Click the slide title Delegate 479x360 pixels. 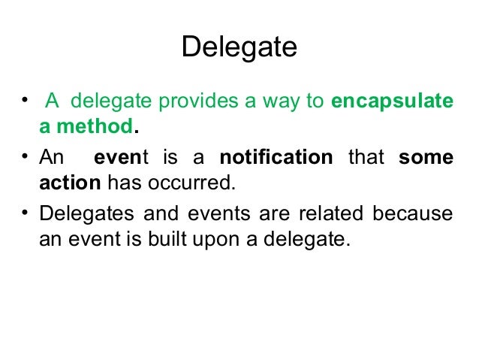tap(239, 48)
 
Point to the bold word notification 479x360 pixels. tap(276, 157)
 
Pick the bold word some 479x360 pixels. tap(426, 157)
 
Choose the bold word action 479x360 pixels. tap(71, 183)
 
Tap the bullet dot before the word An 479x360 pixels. tap(26, 156)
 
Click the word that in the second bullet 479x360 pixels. tap(366, 157)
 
